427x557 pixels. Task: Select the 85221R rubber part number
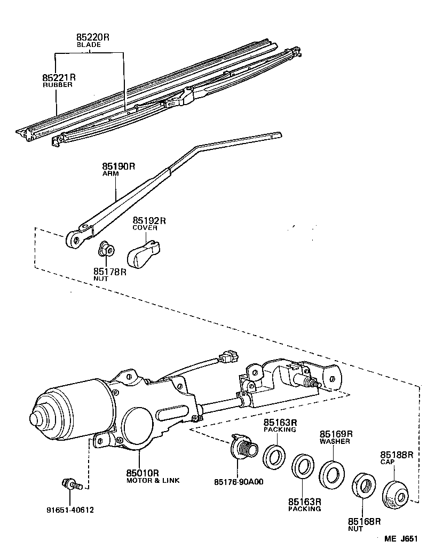60,77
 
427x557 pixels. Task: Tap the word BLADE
88,45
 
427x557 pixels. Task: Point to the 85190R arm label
118,166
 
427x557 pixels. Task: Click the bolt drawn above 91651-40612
70,485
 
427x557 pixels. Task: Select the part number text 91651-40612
69,510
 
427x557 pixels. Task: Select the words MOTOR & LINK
153,480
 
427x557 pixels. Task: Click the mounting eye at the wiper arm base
75,241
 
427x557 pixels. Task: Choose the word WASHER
335,441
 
